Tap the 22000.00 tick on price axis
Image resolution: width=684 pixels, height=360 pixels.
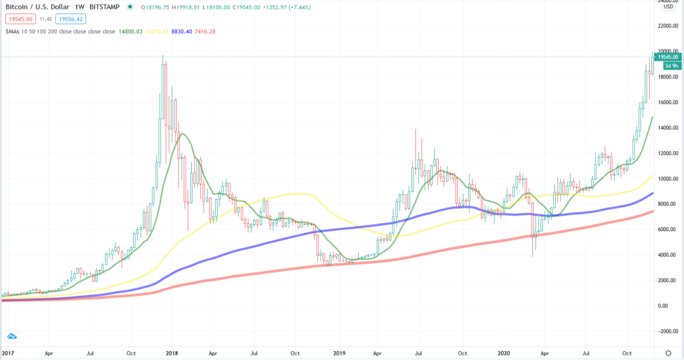[x=668, y=26]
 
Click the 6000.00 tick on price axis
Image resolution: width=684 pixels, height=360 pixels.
[x=668, y=230]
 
